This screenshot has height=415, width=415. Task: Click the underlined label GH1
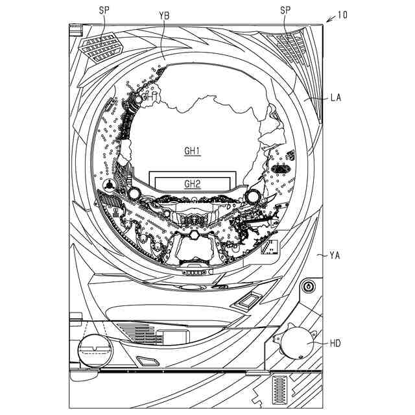[x=192, y=151]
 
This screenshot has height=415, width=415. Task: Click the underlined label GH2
[x=192, y=184]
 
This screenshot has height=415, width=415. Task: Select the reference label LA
[x=335, y=98]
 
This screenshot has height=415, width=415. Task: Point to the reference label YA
[x=335, y=255]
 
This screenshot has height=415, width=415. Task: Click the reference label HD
[x=335, y=343]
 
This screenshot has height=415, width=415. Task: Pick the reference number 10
[x=343, y=14]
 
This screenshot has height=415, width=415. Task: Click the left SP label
[x=104, y=10]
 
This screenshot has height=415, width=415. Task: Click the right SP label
[x=285, y=10]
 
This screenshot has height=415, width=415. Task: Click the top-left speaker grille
[x=101, y=47]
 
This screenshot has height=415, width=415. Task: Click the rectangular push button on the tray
[x=249, y=299]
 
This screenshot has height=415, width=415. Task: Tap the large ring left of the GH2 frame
[x=134, y=193]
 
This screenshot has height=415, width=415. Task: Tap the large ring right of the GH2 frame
[x=252, y=196]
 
